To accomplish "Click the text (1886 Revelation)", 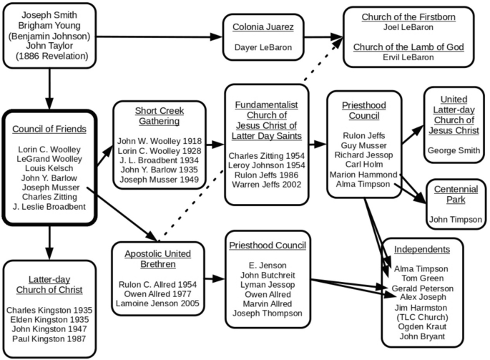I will (x=50, y=55).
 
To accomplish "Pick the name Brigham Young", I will (x=50, y=24).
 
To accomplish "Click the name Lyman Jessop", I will (x=267, y=283).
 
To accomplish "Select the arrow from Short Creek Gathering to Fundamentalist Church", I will (x=215, y=145).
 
